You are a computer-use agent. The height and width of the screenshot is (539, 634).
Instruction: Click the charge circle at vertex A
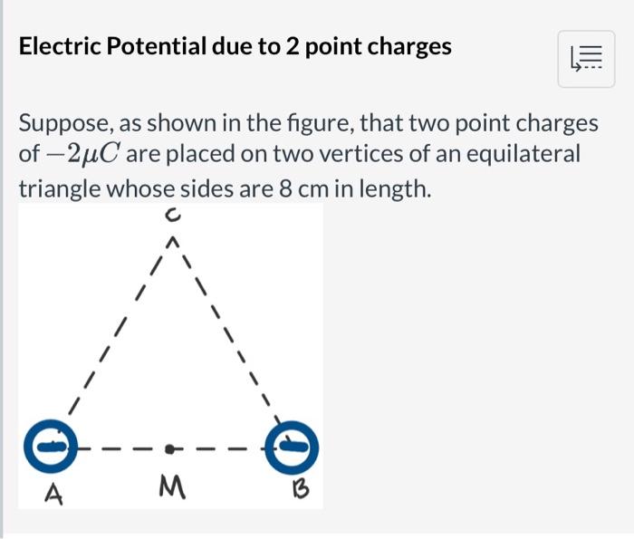click(53, 446)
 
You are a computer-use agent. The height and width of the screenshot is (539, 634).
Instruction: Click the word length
click(391, 188)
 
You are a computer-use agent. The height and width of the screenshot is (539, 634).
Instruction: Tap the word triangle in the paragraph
click(59, 188)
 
